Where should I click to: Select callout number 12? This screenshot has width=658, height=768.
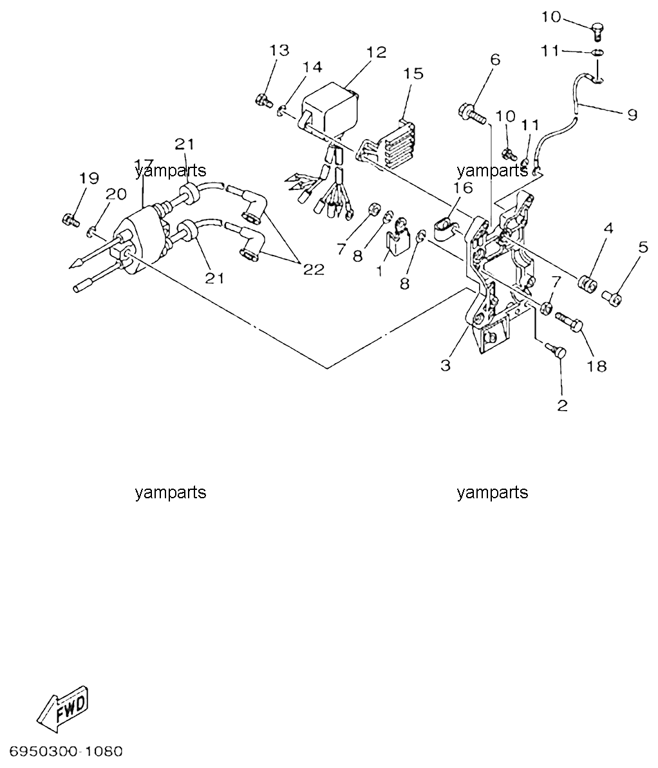(x=376, y=52)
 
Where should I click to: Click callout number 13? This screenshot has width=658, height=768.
(x=279, y=50)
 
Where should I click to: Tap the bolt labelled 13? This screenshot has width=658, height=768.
(x=264, y=101)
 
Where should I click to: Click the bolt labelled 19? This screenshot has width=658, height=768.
(x=71, y=220)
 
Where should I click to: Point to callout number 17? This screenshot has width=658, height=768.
(x=144, y=164)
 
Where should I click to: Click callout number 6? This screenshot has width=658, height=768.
(x=495, y=60)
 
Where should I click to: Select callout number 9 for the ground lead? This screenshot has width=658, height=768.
(x=632, y=115)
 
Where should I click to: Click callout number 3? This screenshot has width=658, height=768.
(x=446, y=366)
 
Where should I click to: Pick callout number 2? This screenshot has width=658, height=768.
(x=562, y=405)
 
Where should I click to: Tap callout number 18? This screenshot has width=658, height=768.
(x=597, y=366)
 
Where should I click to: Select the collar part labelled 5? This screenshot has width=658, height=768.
(x=612, y=298)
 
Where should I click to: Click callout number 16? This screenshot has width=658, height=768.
(x=462, y=187)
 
